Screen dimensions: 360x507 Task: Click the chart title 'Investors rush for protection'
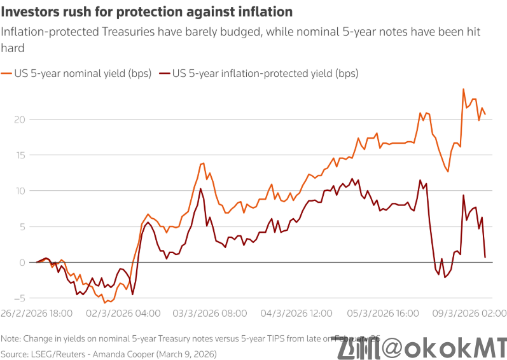pyautogui.click(x=147, y=12)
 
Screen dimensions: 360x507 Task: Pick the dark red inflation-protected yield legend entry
pyautogui.click(x=258, y=73)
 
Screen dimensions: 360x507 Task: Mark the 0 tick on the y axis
pyautogui.click(x=22, y=262)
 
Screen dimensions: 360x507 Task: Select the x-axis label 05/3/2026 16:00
pyautogui.click(x=383, y=313)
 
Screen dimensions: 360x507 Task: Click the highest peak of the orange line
pyautogui.click(x=463, y=89)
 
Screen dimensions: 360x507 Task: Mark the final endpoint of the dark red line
pyautogui.click(x=485, y=257)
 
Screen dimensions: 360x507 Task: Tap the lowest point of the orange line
pyautogui.click(x=105, y=303)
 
